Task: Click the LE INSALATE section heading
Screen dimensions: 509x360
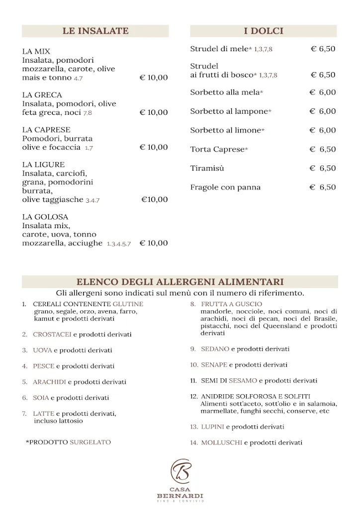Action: tap(95, 31)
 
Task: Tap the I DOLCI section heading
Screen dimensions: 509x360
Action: tap(264, 31)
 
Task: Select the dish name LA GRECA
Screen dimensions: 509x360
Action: tap(42, 95)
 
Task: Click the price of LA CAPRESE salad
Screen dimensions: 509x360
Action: tap(154, 147)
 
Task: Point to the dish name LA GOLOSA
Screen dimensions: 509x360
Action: tap(45, 217)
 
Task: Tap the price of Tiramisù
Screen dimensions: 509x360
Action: tap(323, 169)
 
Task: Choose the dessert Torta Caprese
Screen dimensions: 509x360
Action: tap(218, 150)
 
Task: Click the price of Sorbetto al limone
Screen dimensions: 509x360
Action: tap(323, 130)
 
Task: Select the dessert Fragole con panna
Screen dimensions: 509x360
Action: tap(225, 187)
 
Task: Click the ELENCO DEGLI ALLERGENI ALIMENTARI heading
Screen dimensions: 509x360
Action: tap(180, 282)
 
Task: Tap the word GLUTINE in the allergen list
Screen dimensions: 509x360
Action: tap(128, 304)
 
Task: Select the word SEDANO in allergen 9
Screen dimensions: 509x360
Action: tap(215, 349)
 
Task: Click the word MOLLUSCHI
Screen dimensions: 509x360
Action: tap(221, 442)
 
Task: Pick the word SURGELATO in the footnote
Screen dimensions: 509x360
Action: tap(90, 441)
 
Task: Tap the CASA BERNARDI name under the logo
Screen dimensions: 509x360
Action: tap(180, 493)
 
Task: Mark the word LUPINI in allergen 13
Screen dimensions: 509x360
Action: tap(212, 427)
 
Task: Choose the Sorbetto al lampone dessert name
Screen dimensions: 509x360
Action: tap(229, 111)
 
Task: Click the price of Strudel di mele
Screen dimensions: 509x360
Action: tap(323, 49)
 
